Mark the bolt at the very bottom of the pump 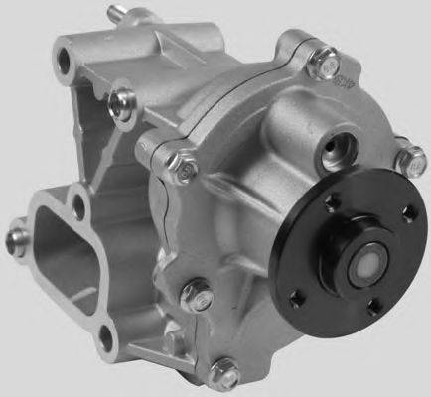225,371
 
